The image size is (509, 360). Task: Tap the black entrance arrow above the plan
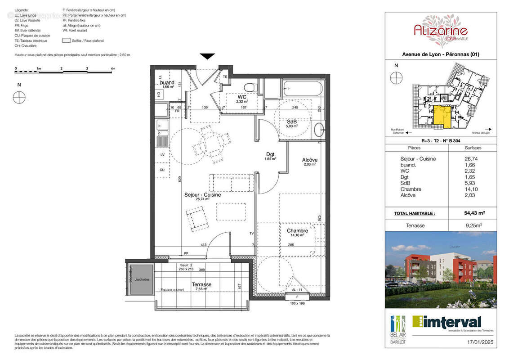tap(207, 56)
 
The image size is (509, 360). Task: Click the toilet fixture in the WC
tap(248, 87)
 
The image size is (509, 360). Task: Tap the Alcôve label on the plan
tap(309, 160)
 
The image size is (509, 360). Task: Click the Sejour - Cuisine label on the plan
tap(202, 195)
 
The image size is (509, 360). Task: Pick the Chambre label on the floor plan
tap(297, 231)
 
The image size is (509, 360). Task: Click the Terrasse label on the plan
tap(201, 284)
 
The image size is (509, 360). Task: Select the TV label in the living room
tap(252, 233)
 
